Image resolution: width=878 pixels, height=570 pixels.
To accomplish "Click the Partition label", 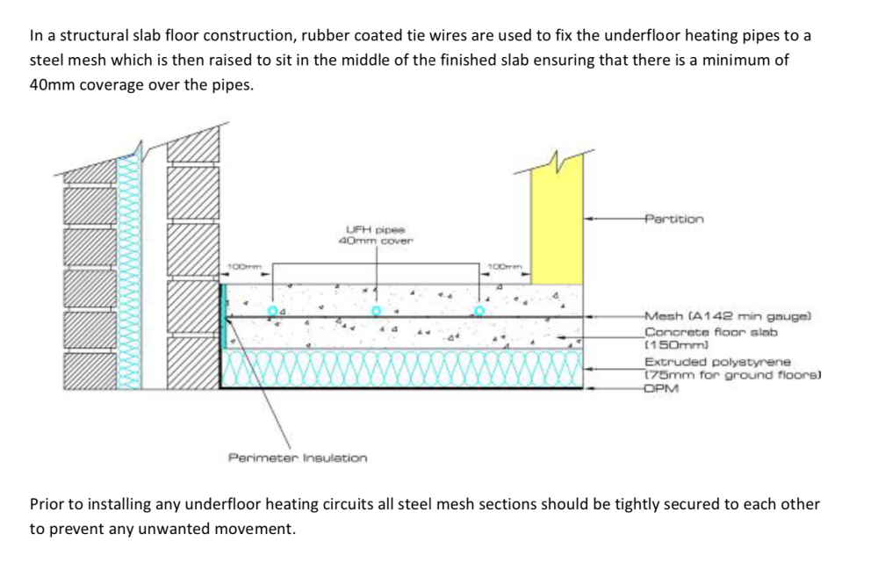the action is [674, 219].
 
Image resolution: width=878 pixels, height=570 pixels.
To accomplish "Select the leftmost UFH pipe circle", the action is [273, 311].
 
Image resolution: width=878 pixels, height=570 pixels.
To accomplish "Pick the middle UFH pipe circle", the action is [377, 311].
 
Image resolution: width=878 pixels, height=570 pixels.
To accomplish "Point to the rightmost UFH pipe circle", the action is [479, 311].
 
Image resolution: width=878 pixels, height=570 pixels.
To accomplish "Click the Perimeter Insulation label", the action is [298, 458].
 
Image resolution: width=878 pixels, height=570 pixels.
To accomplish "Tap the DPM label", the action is [661, 388].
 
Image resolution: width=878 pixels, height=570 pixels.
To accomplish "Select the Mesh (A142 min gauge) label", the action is [727, 316].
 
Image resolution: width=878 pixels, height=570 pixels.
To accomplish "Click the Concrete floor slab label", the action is [711, 338].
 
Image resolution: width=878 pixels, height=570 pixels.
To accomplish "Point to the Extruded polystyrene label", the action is [732, 368].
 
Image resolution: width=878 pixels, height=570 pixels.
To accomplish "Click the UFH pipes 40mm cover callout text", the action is [376, 235].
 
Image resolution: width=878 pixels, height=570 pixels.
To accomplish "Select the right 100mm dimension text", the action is [505, 266].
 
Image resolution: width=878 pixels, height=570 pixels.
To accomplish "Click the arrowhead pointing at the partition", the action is [589, 219].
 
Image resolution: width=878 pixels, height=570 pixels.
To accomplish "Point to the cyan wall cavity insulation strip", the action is [129, 271].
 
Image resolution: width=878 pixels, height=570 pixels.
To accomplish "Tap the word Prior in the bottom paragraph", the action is [47, 504].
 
